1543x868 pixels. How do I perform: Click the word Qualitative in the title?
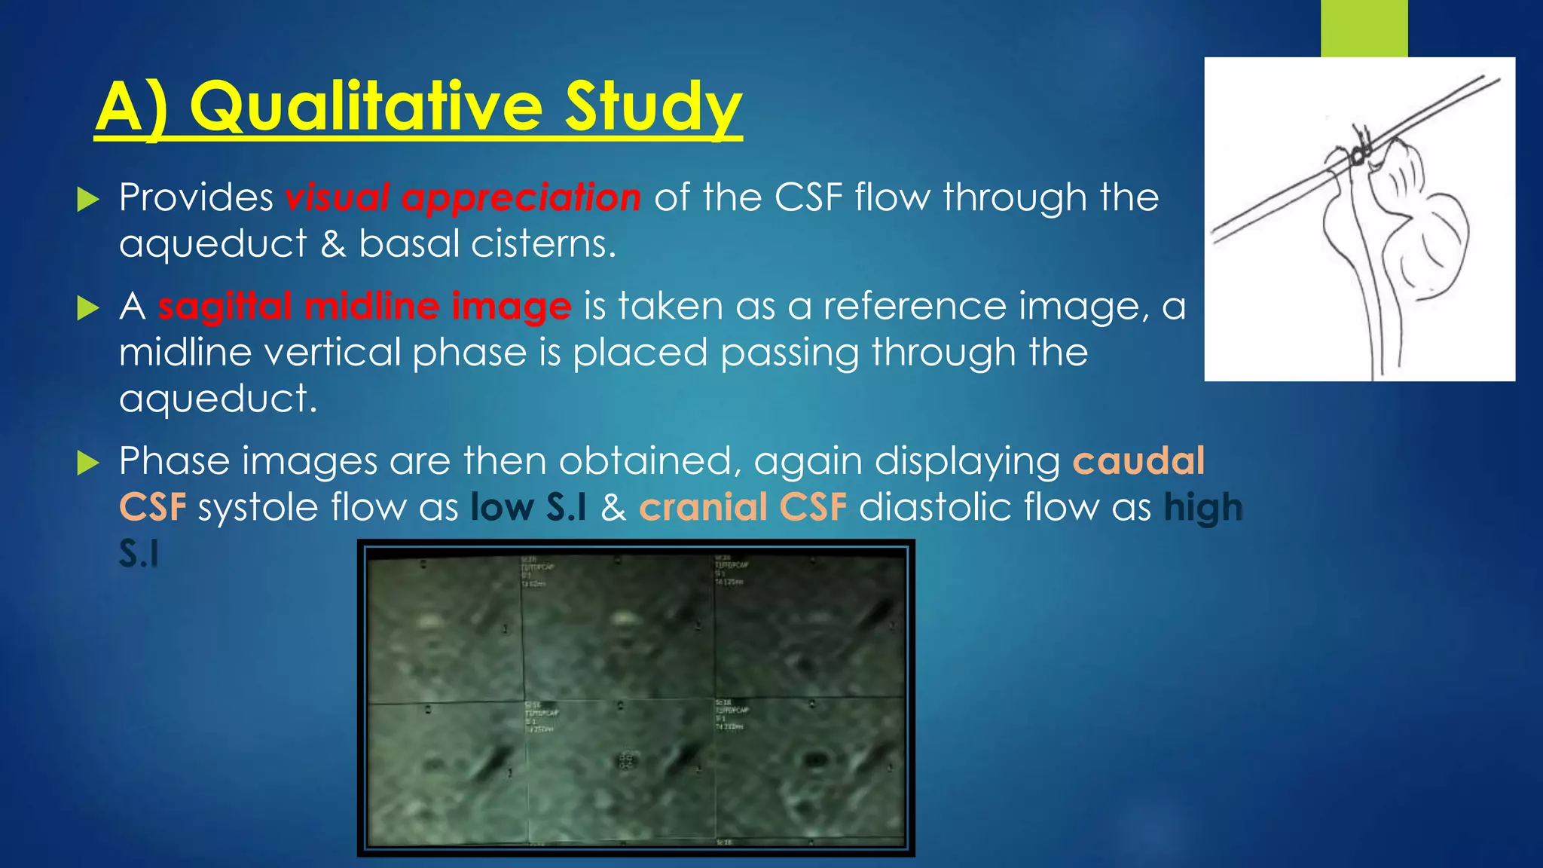pyautogui.click(x=365, y=108)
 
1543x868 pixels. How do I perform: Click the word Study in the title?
pyautogui.click(x=653, y=108)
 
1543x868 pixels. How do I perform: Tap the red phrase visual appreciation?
pyautogui.click(x=463, y=198)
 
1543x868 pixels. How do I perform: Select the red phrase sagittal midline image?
pyautogui.click(x=365, y=307)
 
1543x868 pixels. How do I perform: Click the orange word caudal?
pyautogui.click(x=1138, y=461)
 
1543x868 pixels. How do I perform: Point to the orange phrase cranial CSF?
pyautogui.click(x=743, y=507)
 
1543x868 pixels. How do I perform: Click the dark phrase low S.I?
pyautogui.click(x=528, y=507)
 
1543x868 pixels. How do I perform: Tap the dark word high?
pyautogui.click(x=1202, y=507)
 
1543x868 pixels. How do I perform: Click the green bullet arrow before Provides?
pyautogui.click(x=88, y=200)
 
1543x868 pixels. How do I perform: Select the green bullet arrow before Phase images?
pyautogui.click(x=88, y=463)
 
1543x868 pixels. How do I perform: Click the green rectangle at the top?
pyautogui.click(x=1364, y=28)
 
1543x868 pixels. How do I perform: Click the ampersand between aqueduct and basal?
pyautogui.click(x=333, y=244)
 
